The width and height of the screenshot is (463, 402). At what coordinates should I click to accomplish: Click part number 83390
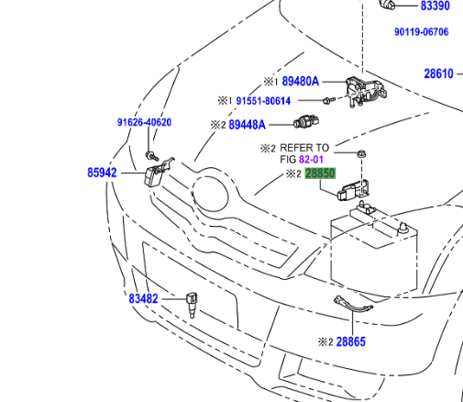click(x=435, y=6)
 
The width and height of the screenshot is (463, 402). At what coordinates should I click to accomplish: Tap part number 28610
click(x=438, y=73)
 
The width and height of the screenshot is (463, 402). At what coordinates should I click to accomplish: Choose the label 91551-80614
click(x=263, y=101)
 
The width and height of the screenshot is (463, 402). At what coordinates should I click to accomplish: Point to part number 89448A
click(x=247, y=124)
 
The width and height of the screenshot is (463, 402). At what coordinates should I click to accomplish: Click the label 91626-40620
click(x=144, y=122)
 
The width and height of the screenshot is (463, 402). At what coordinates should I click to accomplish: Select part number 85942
click(x=102, y=172)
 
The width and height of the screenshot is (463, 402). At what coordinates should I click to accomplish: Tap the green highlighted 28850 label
click(x=321, y=173)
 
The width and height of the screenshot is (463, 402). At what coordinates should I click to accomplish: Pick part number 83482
click(x=143, y=298)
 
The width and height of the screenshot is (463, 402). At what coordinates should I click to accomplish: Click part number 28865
click(x=350, y=341)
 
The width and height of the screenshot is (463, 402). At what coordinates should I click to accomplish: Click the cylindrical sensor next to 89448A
click(x=305, y=123)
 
